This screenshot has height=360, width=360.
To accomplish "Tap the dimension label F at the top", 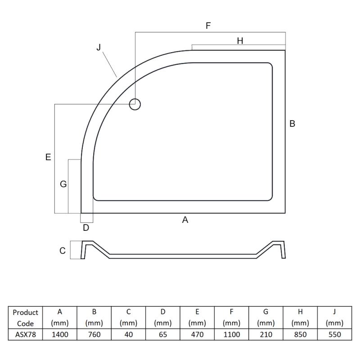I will pos(208,26).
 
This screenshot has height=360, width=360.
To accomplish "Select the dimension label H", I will pos(240,41).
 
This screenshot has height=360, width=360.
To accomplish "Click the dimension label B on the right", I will pos(292,124).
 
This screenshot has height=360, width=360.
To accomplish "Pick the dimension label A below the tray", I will pos(184,220).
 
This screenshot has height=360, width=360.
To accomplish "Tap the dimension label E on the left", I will pos(48,157).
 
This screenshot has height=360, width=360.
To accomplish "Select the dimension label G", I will pos(63,184).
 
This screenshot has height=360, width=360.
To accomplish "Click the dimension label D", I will pos(86,228).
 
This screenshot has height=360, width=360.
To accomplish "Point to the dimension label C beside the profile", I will pos(63,251).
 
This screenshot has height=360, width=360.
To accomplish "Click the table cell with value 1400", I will pos(60,334).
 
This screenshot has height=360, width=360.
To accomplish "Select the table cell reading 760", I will pos(94,334).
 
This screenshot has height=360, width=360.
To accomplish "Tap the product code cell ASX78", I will pos(26,334).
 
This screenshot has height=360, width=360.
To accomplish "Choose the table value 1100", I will pos(231,334).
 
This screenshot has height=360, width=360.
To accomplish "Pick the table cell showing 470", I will pos(197,334).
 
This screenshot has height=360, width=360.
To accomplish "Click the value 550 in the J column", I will pos(334,334).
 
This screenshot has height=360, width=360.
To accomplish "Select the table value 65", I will pos(163,334).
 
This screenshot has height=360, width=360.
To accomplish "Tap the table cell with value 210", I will pos(265,334).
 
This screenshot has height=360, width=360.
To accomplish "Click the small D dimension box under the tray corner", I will pos(87,218).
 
